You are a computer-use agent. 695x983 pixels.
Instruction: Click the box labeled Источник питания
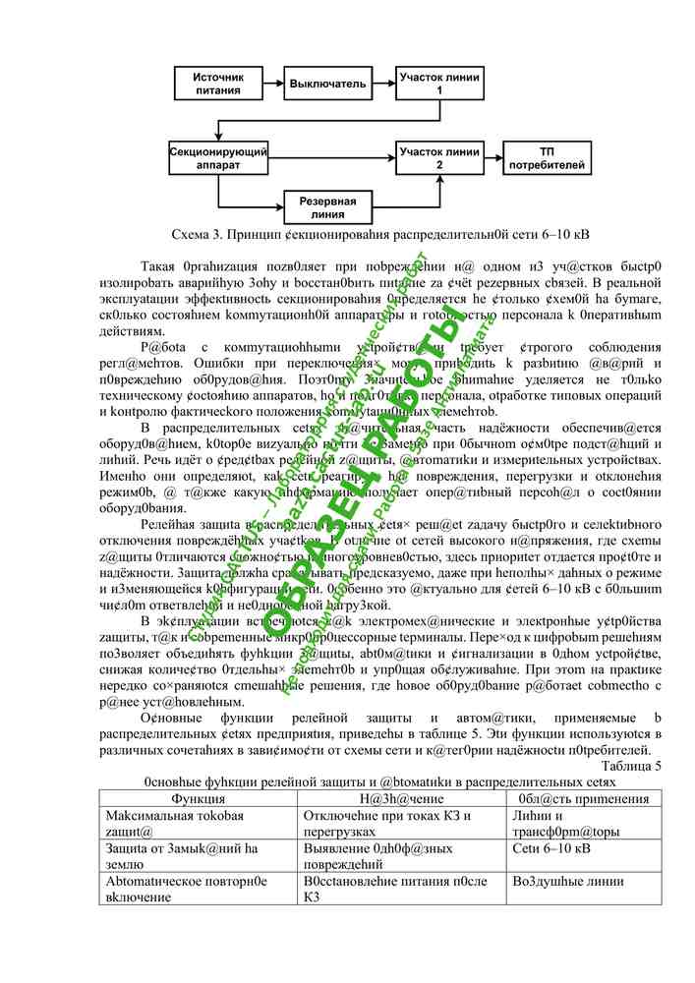(x=217, y=83)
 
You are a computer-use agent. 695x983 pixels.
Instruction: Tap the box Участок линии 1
(x=438, y=83)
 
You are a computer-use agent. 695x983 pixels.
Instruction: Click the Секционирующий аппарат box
(x=217, y=159)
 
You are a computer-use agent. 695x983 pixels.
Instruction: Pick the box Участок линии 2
(x=438, y=159)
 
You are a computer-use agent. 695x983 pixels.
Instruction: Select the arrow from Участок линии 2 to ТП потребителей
(x=492, y=159)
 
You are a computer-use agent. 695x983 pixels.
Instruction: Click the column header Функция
(x=198, y=799)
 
